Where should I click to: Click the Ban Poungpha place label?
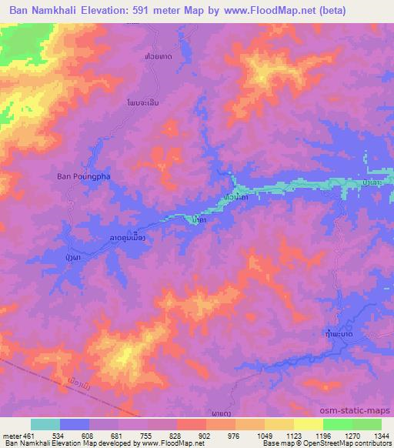[x=85, y=176]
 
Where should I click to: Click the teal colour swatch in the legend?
[x=45, y=424]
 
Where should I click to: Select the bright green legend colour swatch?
[x=338, y=424]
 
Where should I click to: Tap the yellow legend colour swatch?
[x=309, y=424]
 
